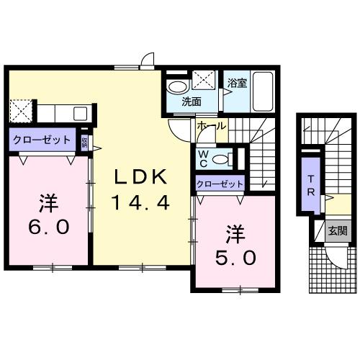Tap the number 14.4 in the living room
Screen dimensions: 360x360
pos(140,203)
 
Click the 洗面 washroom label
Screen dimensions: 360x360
pos(191,102)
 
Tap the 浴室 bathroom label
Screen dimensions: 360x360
pos(237,83)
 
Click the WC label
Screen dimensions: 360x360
pos(204,158)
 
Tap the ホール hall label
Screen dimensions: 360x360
pos(211,126)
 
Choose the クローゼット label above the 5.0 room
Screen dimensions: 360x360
pos(220,184)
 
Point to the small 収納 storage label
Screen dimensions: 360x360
pos(85,141)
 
